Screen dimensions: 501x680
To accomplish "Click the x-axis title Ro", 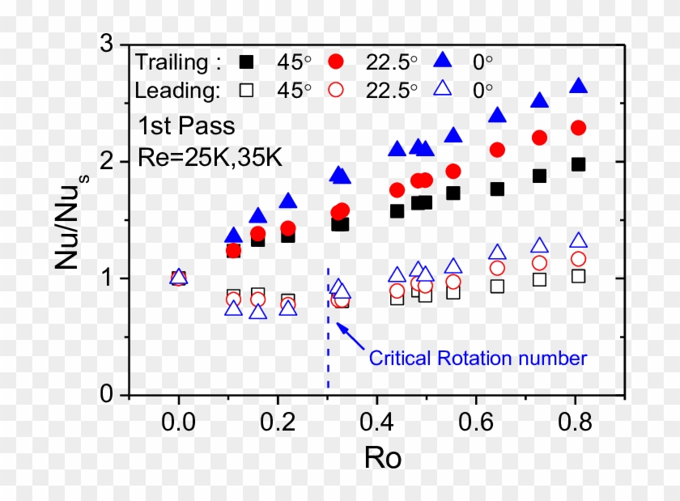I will [x=383, y=459].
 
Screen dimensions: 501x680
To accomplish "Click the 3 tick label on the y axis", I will [x=105, y=45].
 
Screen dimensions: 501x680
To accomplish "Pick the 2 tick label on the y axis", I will [x=105, y=162].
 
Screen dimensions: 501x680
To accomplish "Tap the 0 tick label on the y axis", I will [x=105, y=395].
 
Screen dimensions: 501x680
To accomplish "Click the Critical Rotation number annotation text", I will [x=477, y=357].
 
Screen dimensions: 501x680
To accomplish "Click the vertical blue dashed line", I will [x=328, y=340].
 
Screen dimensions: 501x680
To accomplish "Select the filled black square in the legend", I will [x=248, y=62].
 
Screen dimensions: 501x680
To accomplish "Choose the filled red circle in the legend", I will [x=339, y=62].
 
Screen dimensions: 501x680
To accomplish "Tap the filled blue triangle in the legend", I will [x=441, y=61].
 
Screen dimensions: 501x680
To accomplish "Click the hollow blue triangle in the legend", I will [x=441, y=90].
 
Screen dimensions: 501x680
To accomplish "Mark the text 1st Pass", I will [x=186, y=126].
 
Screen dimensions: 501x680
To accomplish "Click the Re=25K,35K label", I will [x=210, y=156].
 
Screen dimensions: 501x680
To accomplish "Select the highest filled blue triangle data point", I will [x=579, y=87].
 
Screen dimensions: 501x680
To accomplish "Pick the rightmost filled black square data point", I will [x=578, y=164].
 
